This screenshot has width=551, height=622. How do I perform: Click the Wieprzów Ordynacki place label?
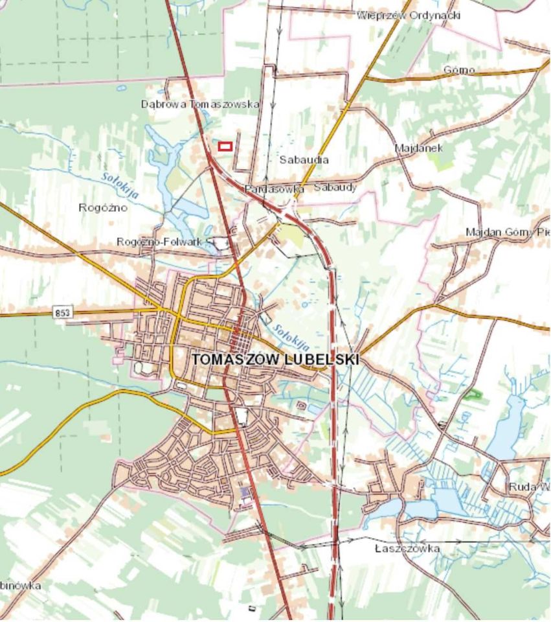pos(408,15)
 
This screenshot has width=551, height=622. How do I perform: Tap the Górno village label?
pos(459,70)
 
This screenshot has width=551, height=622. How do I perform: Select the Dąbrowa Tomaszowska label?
pos(200,104)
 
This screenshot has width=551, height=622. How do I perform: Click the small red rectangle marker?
pos(225,146)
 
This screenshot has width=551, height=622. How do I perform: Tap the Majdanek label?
pos(419,148)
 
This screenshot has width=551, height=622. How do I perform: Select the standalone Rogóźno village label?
pos(102,208)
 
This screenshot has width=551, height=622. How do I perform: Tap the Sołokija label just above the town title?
pos(287,336)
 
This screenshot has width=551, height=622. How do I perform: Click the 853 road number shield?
pos(63,313)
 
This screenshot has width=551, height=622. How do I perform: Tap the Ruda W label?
pos(528,487)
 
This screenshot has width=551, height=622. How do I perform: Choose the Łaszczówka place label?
pos(407,549)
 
